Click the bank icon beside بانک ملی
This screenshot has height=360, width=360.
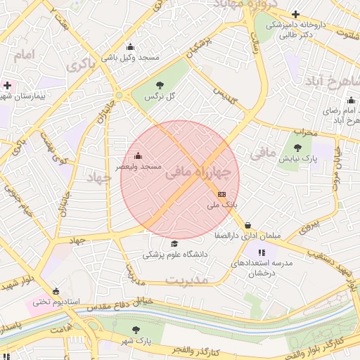[222, 193]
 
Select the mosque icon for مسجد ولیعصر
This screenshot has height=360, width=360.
[137, 155]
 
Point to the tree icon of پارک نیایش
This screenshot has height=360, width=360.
[297, 148]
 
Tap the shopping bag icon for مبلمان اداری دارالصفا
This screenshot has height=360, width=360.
[247, 226]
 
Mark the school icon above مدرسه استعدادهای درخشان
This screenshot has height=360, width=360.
[262, 252]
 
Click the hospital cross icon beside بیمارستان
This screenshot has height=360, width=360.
[7, 85]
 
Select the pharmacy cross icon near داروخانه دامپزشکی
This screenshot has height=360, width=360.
[295, 14]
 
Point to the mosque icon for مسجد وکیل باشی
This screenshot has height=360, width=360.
[129, 47]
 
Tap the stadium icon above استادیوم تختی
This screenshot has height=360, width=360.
[56, 291]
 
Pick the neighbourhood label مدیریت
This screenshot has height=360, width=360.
[187, 279]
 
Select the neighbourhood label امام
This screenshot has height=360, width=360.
[23, 55]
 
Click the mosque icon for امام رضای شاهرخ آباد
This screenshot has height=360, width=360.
[350, 101]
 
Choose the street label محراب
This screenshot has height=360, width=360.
[304, 131]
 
